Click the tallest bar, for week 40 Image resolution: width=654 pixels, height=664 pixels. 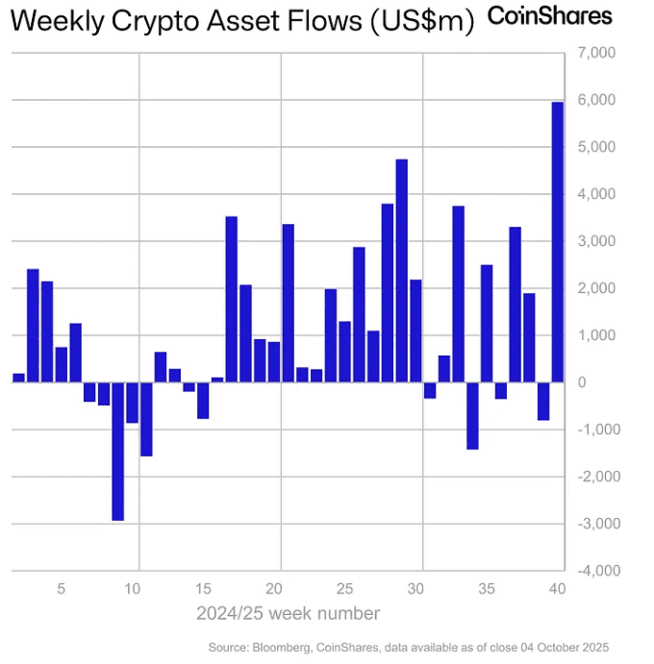pyautogui.click(x=557, y=241)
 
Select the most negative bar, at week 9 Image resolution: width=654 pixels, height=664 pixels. pyautogui.click(x=117, y=451)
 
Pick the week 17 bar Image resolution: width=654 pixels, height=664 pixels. pyautogui.click(x=231, y=299)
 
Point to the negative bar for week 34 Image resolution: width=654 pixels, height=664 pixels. pyautogui.click(x=472, y=415)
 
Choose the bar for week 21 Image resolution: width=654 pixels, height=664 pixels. pyautogui.click(x=288, y=303)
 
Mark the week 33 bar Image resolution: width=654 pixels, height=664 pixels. pyautogui.click(x=458, y=294)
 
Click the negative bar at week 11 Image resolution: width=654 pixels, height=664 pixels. pyautogui.click(x=146, y=418)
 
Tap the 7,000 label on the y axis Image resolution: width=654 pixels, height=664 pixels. pyautogui.click(x=595, y=53)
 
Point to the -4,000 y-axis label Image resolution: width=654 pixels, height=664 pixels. pyautogui.click(x=593, y=571)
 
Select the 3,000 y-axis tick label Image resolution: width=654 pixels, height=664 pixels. pyautogui.click(x=595, y=241)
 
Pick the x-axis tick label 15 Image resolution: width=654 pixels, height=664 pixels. pyautogui.click(x=203, y=589)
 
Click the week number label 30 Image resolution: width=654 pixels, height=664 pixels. pyautogui.click(x=415, y=589)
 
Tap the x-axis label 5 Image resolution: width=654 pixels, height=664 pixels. pyautogui.click(x=62, y=589)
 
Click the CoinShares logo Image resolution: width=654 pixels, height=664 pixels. pyautogui.click(x=549, y=15)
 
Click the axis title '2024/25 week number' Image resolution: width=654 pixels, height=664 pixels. pyautogui.click(x=288, y=613)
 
